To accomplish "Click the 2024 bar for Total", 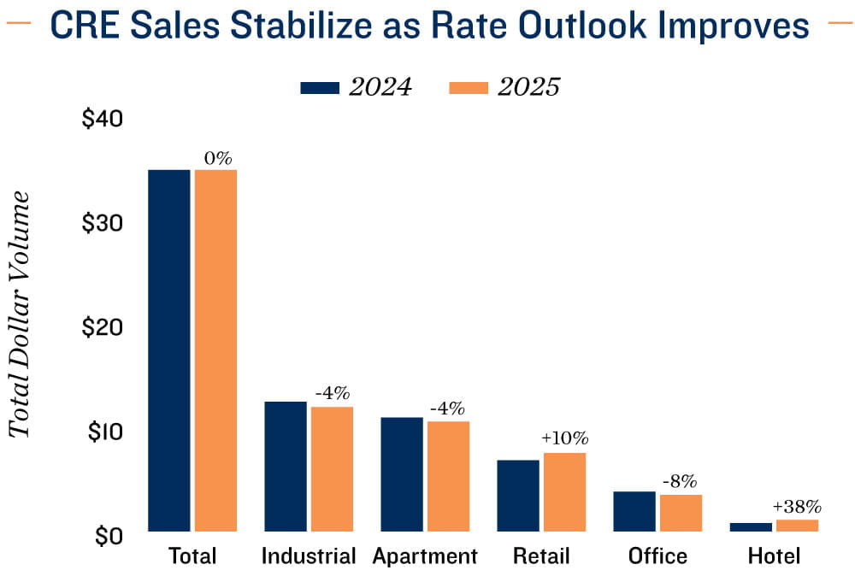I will click(x=169, y=350).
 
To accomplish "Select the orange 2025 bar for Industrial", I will click(x=332, y=469).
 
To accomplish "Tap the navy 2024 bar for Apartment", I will click(x=402, y=474).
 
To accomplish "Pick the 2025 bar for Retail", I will click(x=564, y=492).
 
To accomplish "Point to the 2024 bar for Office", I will click(x=634, y=511).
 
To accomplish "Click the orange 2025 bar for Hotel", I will click(x=797, y=526).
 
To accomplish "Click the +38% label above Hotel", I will click(x=796, y=507).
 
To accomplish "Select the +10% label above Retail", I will click(x=564, y=439).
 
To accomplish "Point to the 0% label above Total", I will click(x=217, y=158).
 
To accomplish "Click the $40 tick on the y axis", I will click(x=103, y=119).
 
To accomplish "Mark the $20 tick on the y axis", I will click(x=103, y=327).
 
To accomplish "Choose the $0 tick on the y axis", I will click(x=108, y=536).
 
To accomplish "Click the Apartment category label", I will click(x=425, y=555).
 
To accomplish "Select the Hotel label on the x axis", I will click(x=774, y=555).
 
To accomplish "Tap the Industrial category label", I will click(x=308, y=555).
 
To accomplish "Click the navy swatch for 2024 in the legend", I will click(x=321, y=88).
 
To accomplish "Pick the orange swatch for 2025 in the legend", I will click(x=467, y=88).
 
